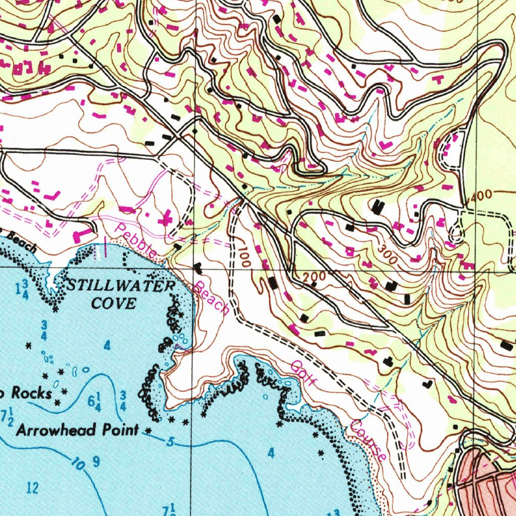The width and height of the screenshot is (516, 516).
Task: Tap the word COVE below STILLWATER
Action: (x=113, y=303)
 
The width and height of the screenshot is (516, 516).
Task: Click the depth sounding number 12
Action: (x=33, y=487)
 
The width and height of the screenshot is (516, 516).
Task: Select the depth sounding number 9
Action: (x=96, y=461)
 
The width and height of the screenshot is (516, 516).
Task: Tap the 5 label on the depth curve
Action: (x=170, y=443)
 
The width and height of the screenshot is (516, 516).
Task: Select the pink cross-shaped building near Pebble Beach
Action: (x=166, y=220)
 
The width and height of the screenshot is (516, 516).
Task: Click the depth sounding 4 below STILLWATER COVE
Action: (x=107, y=346)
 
